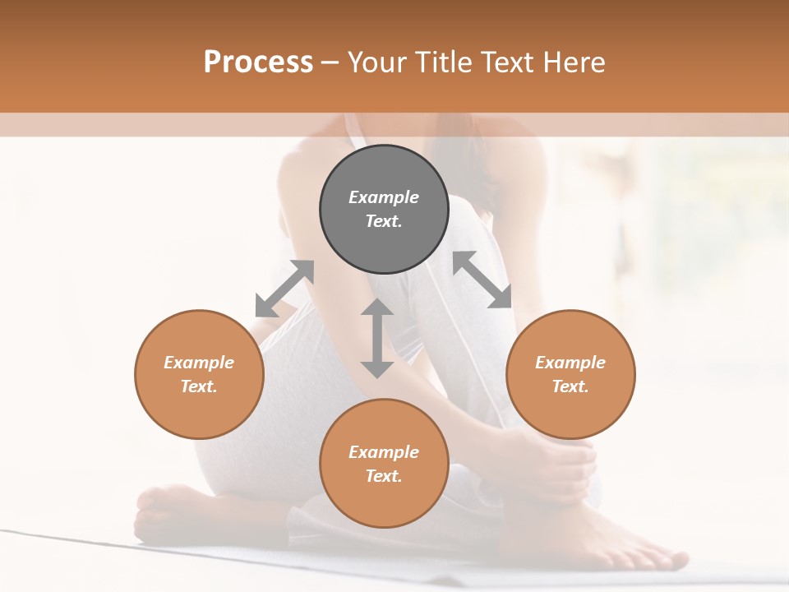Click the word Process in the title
[258, 62]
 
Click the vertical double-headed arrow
[377, 338]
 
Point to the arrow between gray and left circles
[284, 289]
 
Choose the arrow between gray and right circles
[482, 280]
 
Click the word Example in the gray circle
[384, 197]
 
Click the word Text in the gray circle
[384, 221]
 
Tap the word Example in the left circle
[199, 363]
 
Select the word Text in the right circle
[570, 386]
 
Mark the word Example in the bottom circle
[384, 452]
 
